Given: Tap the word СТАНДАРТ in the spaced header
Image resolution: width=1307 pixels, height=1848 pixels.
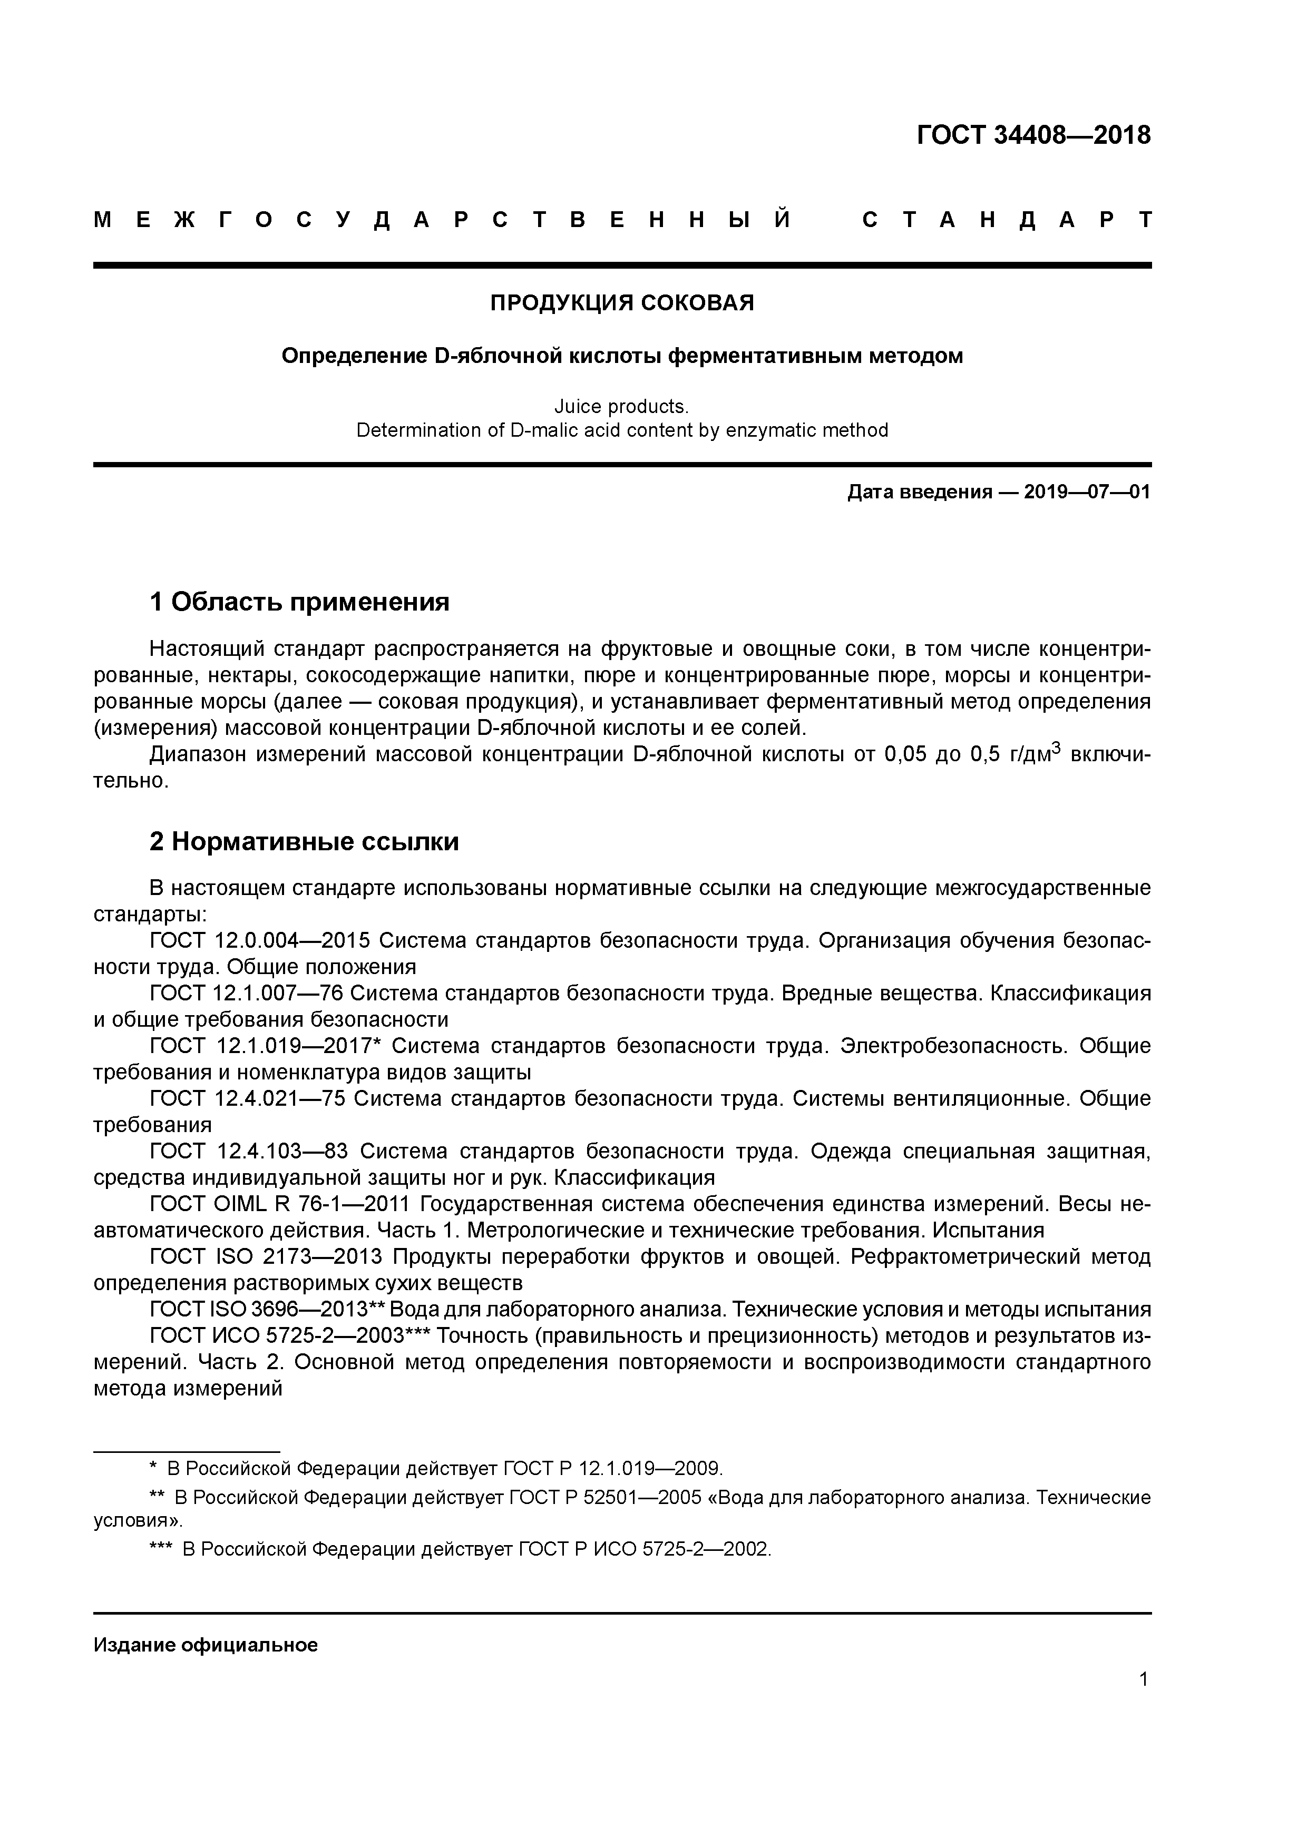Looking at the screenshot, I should [x=1007, y=220].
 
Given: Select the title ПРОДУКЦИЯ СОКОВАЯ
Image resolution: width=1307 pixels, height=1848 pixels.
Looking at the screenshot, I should [x=622, y=303].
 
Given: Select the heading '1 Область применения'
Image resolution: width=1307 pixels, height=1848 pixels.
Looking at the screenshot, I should [x=299, y=601].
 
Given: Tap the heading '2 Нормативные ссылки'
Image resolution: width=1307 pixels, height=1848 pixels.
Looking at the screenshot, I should [x=305, y=841].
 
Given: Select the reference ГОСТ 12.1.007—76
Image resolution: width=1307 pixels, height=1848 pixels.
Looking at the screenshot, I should [x=247, y=993].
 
